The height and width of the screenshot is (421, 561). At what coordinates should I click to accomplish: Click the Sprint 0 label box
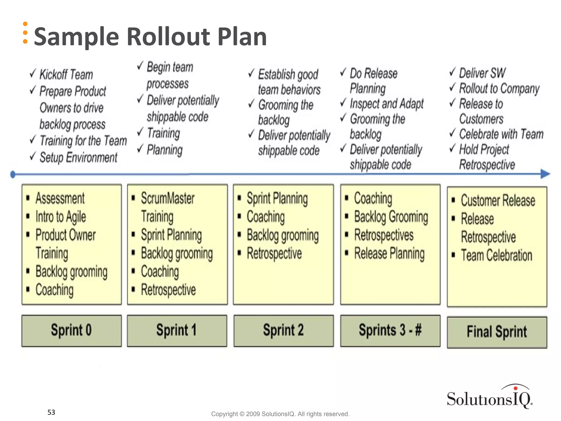[71, 331]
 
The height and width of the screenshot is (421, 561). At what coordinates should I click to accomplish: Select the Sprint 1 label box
[177, 331]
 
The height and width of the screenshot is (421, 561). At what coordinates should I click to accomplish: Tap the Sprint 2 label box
[284, 331]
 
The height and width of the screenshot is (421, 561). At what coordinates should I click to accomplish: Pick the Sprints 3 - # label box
[390, 331]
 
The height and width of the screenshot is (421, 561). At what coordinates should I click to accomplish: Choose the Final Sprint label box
[497, 332]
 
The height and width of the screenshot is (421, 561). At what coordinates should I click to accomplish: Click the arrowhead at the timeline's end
[545, 174]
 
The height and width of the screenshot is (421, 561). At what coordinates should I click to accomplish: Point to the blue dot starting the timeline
[13, 174]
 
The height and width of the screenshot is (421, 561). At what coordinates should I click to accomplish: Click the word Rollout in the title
[168, 37]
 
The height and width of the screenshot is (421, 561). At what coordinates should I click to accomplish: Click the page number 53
[51, 412]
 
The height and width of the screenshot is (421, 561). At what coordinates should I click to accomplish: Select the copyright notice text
[280, 414]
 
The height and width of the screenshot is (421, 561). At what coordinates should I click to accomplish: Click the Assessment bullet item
[60, 198]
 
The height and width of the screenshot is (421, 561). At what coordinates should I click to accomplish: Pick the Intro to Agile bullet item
[61, 217]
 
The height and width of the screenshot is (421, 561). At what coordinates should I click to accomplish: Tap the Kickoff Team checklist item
[66, 75]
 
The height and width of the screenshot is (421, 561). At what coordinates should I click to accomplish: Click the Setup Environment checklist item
[78, 158]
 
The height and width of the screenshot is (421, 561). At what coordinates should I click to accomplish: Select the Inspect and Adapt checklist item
[387, 104]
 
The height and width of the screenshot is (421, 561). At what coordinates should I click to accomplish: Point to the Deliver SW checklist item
[482, 73]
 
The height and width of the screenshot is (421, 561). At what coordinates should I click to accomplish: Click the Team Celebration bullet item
[496, 255]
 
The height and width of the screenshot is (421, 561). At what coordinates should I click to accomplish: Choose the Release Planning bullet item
[389, 254]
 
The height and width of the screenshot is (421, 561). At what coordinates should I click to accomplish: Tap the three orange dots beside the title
[25, 33]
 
